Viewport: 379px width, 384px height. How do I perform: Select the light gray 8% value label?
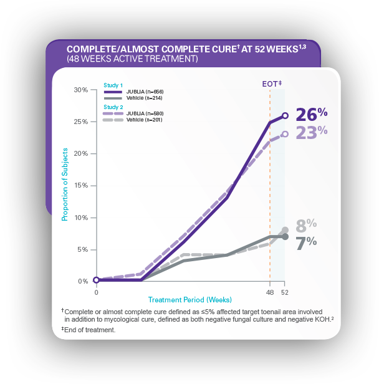pos(306,224)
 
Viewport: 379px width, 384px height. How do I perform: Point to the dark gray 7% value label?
pos(306,242)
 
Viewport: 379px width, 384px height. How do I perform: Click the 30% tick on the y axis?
pos(81,90)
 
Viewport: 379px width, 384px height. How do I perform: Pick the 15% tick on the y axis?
pos(81,186)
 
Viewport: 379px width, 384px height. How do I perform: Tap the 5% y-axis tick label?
pos(82,249)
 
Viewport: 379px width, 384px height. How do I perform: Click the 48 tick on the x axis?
pos(270,292)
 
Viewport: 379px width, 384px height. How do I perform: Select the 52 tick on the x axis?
pos(285,292)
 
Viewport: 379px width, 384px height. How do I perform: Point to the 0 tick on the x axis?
pos(96,292)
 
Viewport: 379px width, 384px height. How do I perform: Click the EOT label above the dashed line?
pos(272,83)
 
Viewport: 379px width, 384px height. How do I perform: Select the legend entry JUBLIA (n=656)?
pos(144,92)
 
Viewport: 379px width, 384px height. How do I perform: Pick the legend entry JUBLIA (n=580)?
pos(144,113)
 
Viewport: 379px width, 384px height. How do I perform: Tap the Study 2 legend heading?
pos(113,107)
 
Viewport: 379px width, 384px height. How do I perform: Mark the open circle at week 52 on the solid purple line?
pos(285,115)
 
